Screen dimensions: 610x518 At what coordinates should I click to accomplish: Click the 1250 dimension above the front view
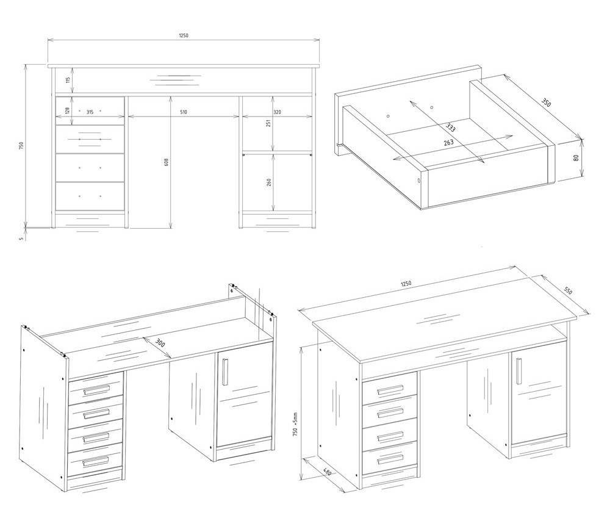(x=184, y=35)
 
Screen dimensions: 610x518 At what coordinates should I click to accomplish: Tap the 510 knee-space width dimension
(x=184, y=112)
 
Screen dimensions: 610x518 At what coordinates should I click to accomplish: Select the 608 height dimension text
(x=167, y=162)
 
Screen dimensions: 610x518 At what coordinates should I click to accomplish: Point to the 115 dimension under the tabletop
(x=68, y=81)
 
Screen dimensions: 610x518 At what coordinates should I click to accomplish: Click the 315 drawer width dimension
(x=90, y=112)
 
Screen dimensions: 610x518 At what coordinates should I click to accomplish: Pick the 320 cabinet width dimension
(x=278, y=112)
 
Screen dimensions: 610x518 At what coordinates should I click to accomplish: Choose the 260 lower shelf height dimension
(x=269, y=182)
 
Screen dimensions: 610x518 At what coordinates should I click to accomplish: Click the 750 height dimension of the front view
(x=22, y=146)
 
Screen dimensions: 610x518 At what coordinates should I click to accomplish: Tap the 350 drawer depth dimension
(x=546, y=103)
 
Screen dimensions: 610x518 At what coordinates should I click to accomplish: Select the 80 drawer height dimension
(x=576, y=158)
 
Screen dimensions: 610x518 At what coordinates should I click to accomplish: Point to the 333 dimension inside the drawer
(x=451, y=128)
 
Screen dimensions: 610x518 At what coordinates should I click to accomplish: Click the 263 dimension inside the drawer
(x=448, y=142)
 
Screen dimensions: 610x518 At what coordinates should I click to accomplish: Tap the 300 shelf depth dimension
(x=160, y=343)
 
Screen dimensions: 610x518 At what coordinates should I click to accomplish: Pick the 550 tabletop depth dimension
(x=568, y=290)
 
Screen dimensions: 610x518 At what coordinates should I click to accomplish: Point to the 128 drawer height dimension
(x=68, y=110)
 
